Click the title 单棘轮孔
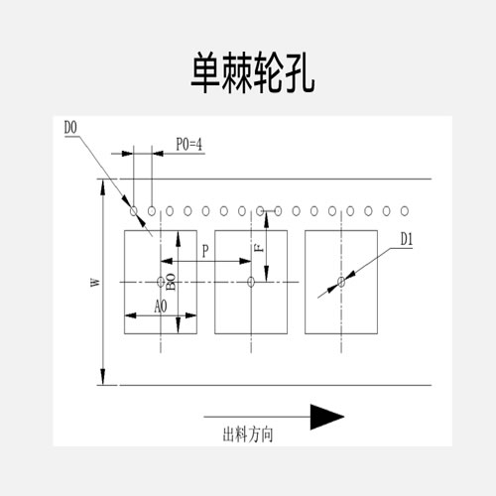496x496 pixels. coord(253,72)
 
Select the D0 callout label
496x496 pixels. coord(70,128)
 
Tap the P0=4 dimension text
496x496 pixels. coord(188,144)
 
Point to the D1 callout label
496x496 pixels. coord(407,239)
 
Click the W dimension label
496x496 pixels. coord(95,282)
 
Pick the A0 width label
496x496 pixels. coord(161,307)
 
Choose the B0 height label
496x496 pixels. coord(171,282)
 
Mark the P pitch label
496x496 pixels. coord(205,251)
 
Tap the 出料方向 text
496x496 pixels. coord(248,434)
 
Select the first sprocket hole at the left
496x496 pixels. coord(134,211)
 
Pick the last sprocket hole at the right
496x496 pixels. coord(405,211)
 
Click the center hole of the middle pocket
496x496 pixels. coord(251,282)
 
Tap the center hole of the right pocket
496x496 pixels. coord(341,282)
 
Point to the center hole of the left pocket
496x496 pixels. coord(161,282)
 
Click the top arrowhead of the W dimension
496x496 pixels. coord(103,187)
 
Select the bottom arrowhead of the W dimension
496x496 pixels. coord(103,377)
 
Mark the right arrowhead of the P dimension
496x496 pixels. coord(245,261)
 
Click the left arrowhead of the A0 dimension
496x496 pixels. coord(131,315)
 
